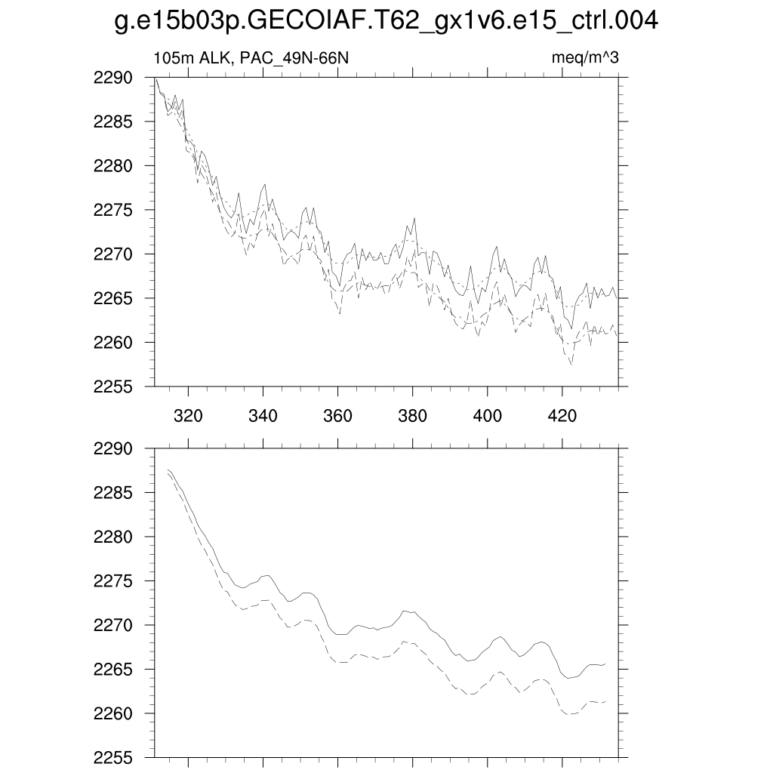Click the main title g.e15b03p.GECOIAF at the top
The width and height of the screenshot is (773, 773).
click(x=386, y=21)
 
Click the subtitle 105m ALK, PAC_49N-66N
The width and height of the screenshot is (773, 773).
click(x=251, y=58)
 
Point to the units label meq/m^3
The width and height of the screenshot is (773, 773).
click(x=586, y=58)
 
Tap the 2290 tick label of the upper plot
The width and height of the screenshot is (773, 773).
click(x=114, y=78)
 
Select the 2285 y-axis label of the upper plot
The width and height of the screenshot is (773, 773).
click(x=114, y=122)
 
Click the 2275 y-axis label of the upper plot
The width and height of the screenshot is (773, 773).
click(x=114, y=211)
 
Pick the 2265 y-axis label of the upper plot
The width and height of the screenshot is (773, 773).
click(x=114, y=299)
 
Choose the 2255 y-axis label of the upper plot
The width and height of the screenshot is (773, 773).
click(x=114, y=387)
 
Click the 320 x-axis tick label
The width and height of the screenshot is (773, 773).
click(x=188, y=415)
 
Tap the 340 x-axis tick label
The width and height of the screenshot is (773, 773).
click(x=263, y=415)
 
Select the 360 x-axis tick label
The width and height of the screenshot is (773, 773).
click(x=337, y=415)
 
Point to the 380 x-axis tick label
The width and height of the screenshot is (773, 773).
click(x=412, y=415)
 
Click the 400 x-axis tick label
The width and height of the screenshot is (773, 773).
click(x=487, y=415)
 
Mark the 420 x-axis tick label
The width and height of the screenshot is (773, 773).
click(x=562, y=415)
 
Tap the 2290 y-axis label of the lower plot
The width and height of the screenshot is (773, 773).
click(x=114, y=449)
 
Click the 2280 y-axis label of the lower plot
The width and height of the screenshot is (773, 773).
click(x=114, y=537)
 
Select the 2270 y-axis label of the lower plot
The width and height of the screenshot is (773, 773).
click(x=114, y=626)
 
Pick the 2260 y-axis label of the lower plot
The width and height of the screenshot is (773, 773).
click(x=114, y=714)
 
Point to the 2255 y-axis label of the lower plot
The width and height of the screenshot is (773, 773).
click(x=114, y=758)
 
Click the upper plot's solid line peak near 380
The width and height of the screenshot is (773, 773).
click(x=414, y=218)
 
